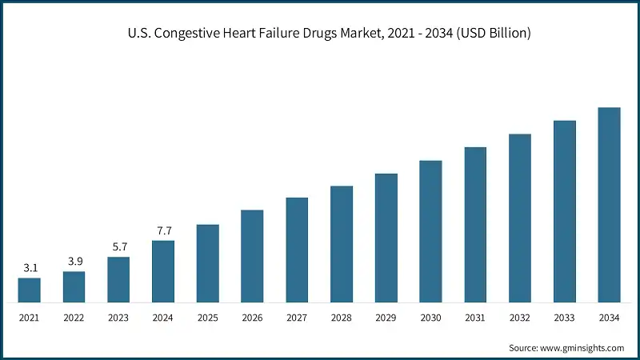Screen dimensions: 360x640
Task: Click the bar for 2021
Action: (x=30, y=290)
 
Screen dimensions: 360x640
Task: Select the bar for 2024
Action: (x=163, y=272)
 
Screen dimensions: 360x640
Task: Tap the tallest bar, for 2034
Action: (x=610, y=206)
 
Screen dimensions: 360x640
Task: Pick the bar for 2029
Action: (x=386, y=238)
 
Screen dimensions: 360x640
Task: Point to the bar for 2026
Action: (x=252, y=257)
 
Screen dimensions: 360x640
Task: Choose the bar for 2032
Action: (x=520, y=218)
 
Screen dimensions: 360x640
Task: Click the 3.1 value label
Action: (x=30, y=268)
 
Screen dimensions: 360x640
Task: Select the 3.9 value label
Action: (x=74, y=262)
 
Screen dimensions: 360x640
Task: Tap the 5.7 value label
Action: (x=118, y=247)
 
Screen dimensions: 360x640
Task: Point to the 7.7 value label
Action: (x=163, y=230)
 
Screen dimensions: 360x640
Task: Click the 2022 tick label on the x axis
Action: (x=74, y=318)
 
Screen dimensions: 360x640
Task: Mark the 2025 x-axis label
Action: (x=208, y=318)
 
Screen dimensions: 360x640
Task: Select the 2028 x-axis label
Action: (x=342, y=318)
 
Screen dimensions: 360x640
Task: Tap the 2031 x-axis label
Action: (x=475, y=318)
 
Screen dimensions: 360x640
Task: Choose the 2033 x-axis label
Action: (x=565, y=318)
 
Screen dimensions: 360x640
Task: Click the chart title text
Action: (x=320, y=34)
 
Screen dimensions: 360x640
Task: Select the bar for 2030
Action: (x=431, y=232)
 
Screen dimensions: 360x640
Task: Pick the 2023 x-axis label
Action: (x=118, y=318)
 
